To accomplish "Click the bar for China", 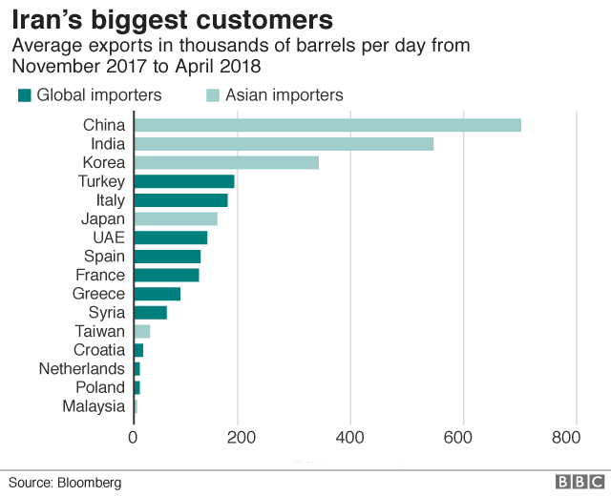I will tap(327, 125).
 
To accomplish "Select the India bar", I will tap(283, 144).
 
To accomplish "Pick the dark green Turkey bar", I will tap(183, 181).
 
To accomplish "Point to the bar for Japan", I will tap(175, 218).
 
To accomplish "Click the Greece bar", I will tap(157, 294).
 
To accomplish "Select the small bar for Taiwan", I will tap(141, 331).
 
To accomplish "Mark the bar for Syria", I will tap(150, 313).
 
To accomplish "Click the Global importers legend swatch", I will tap(25, 94).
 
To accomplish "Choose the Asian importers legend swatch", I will tap(214, 94).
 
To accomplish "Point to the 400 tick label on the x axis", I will tap(350, 437).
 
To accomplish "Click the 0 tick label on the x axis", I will tap(133, 437).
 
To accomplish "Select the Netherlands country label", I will tap(82, 368).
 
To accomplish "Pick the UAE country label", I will tap(107, 238).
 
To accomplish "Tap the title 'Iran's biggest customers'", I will tap(172, 19).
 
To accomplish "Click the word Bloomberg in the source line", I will tap(88, 483).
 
